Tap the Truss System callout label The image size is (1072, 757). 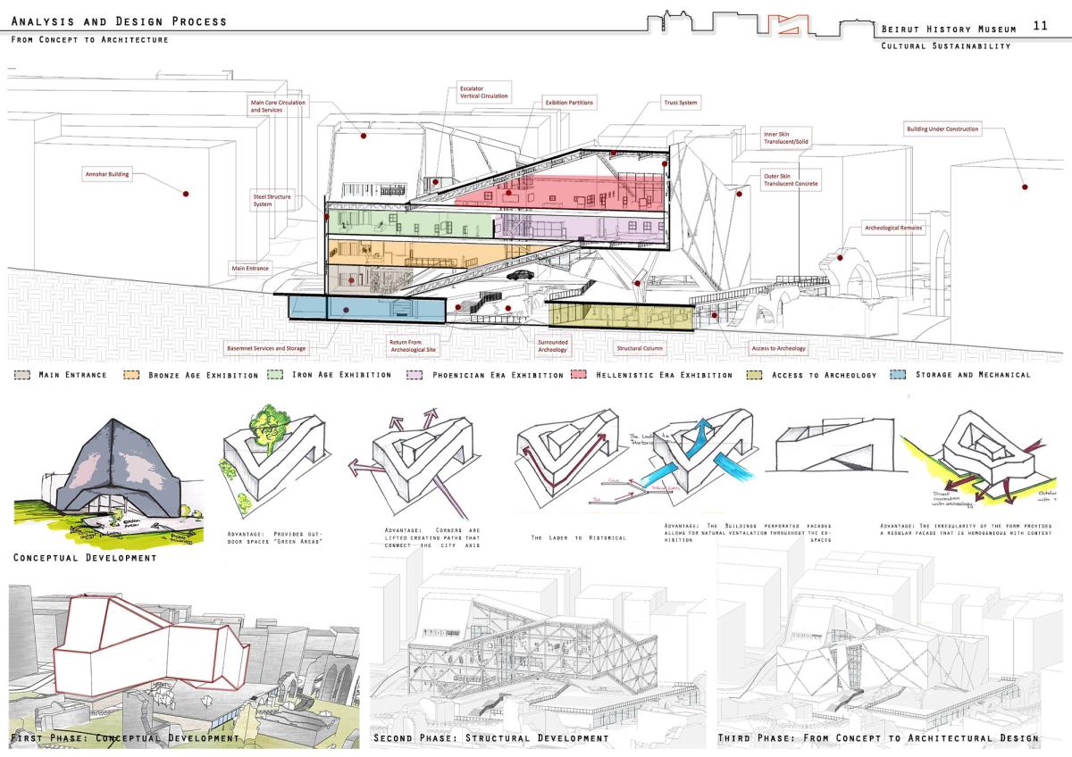[x=681, y=103]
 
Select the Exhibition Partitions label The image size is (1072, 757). [x=570, y=103]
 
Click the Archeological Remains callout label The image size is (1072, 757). [x=893, y=228]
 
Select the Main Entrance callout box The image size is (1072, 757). [x=250, y=268]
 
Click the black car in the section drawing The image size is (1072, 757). [x=517, y=277]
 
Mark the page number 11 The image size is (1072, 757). [x=1040, y=26]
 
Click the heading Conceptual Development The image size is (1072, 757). [x=85, y=558]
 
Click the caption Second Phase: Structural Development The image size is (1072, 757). [x=491, y=738]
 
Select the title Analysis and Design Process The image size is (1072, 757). [x=119, y=21]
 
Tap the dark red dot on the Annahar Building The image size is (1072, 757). [x=186, y=193]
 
